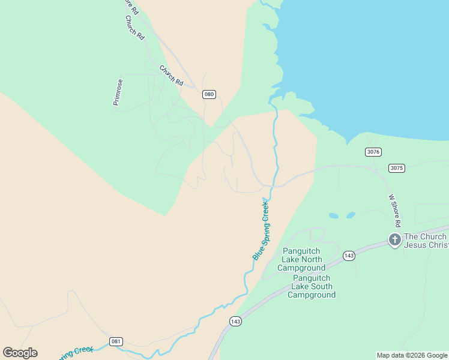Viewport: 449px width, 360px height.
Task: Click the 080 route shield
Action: tap(209, 94)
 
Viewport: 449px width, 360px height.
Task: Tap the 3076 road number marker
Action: tap(373, 152)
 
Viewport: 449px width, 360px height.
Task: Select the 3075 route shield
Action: tap(396, 168)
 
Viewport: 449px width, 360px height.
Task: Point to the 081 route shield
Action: tap(116, 341)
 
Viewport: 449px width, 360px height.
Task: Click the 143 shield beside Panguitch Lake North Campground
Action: tap(349, 256)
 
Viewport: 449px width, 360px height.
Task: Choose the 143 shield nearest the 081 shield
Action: tap(235, 322)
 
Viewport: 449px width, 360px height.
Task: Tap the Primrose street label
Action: tap(118, 92)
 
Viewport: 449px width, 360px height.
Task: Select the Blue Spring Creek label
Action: tap(261, 230)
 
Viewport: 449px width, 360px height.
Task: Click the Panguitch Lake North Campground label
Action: tap(301, 259)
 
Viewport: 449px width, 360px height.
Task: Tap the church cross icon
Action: tap(394, 241)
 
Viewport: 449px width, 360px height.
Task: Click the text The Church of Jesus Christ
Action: tap(426, 241)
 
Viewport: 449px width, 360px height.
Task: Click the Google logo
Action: tap(20, 353)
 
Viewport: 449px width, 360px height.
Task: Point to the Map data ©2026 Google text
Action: tap(412, 355)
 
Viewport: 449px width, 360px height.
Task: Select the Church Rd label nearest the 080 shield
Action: tap(171, 75)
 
